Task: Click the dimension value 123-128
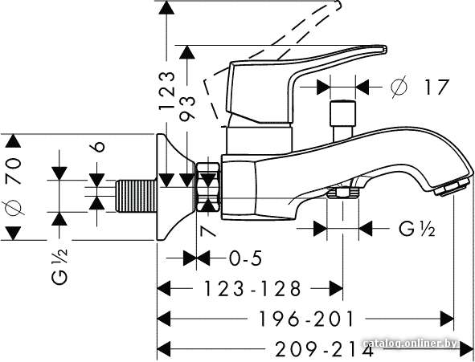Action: coord(252,288)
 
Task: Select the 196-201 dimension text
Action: coord(306,319)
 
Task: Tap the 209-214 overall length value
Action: coord(324,349)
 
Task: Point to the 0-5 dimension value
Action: coord(245,258)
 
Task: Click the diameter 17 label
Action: coord(420,87)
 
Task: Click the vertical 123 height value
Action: coord(167,90)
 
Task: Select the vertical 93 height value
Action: coord(187,108)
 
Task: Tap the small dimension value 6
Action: coord(97,146)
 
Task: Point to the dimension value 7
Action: coord(208,231)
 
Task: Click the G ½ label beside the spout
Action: coord(417,229)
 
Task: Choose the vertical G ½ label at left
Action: coord(59,266)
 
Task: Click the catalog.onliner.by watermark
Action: coord(412,344)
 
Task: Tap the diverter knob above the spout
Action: coord(342,120)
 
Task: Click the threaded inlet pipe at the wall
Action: coord(137,196)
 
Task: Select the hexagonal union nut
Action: coord(208,187)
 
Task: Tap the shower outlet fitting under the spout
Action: coord(342,193)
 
